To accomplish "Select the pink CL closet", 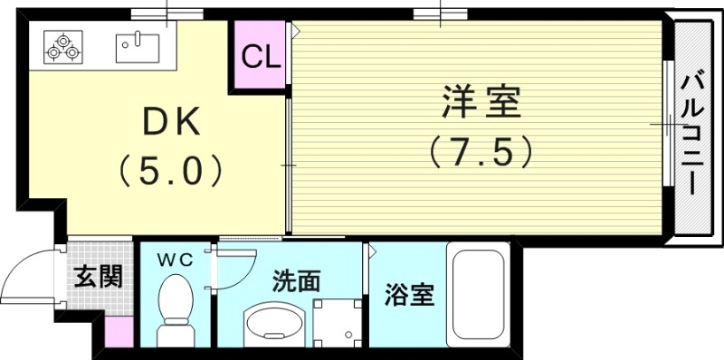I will [x=261, y=56].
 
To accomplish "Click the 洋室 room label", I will [x=481, y=101].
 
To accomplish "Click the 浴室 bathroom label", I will [x=409, y=294].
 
